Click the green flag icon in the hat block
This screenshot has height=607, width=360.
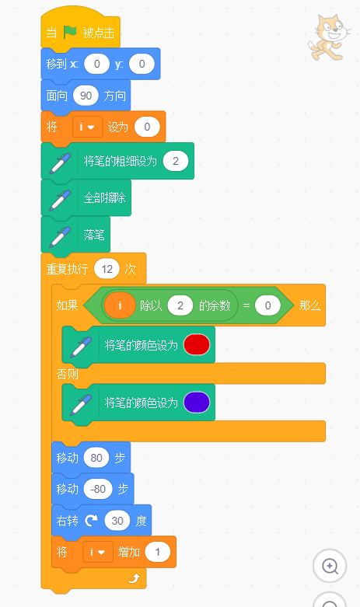point(70,32)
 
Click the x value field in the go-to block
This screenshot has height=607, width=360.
point(96,64)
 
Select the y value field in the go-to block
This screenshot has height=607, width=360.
point(142,64)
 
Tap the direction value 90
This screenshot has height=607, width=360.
point(86,96)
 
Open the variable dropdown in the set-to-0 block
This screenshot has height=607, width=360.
point(87,127)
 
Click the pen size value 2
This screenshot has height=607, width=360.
point(176,161)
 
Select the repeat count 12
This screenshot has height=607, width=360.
point(107,269)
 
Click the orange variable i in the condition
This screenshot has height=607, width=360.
point(120,305)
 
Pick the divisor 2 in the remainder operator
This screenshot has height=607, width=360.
point(180,305)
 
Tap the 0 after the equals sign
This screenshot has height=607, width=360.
point(268,305)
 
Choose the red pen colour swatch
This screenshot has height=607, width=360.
point(197,344)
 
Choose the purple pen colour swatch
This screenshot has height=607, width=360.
point(197,403)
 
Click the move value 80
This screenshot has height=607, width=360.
point(96,458)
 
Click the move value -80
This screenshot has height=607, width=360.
point(98,489)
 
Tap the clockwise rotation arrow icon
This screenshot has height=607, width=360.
point(91,521)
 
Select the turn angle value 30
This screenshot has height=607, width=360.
point(117,521)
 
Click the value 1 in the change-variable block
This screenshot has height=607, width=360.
point(158,552)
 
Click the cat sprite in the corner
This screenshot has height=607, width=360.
point(329,37)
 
